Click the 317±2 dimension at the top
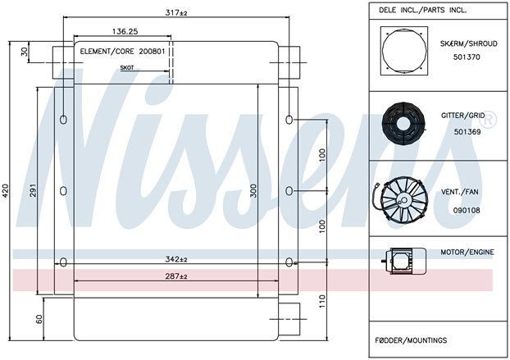coord(176,13)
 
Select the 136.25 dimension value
coord(125,31)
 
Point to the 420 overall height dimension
coord(6,192)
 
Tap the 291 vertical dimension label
coord(33,190)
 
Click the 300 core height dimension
coord(253,191)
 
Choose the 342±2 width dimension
coord(176,259)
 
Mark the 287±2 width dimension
coord(176,276)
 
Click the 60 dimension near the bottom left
coord(39,319)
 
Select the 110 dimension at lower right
coord(321,302)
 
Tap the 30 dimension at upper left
coord(25,52)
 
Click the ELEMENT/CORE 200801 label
coord(123,52)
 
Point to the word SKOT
coord(127,68)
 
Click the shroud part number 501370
coord(467,57)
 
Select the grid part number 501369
coord(467,132)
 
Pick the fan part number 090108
coord(467,211)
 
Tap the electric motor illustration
coord(404,261)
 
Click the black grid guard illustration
coord(403,122)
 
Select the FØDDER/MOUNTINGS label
coord(411,340)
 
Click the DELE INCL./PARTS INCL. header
coord(422,10)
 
